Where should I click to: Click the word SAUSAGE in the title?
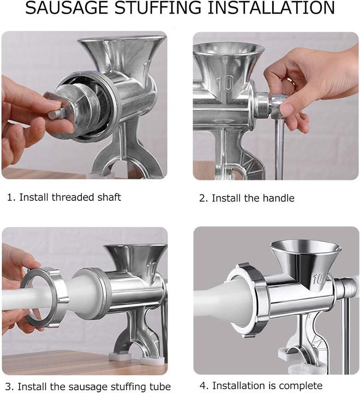click(68, 8)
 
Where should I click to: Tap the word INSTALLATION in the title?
click(271, 8)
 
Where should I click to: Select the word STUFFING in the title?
click(158, 8)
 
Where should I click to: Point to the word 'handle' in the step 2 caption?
click(279, 198)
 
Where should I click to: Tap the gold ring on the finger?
click(291, 81)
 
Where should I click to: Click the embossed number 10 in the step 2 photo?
click(225, 84)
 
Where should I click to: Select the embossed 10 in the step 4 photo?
click(319, 278)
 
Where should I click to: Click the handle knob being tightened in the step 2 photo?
click(278, 106)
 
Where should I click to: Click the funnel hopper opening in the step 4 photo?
click(305, 247)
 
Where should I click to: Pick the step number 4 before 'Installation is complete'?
click(204, 385)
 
